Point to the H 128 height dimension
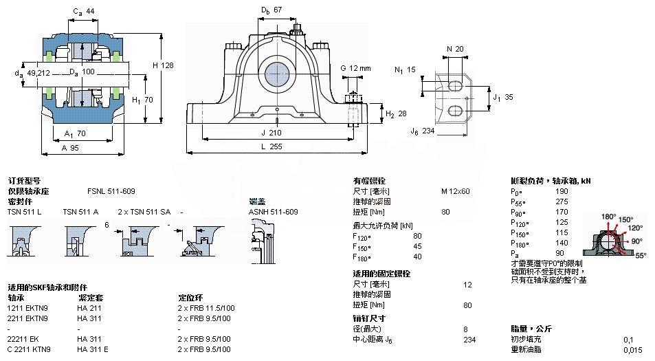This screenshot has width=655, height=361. point(162,65)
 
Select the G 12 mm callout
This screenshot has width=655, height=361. point(355,68)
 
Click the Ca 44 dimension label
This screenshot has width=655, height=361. point(83,10)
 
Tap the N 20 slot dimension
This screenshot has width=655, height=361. point(455,49)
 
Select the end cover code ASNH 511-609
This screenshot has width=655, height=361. point(273,211)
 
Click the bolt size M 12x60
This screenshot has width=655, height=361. point(455,190)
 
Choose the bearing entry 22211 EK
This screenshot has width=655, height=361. point(23,339)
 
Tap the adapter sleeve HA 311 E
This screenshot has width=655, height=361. point(93,349)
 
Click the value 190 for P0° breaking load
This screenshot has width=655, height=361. point(562,190)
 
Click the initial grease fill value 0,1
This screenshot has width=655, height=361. point(628,339)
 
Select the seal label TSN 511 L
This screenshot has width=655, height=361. point(24,211)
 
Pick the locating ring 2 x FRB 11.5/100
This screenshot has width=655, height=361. point(206,308)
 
